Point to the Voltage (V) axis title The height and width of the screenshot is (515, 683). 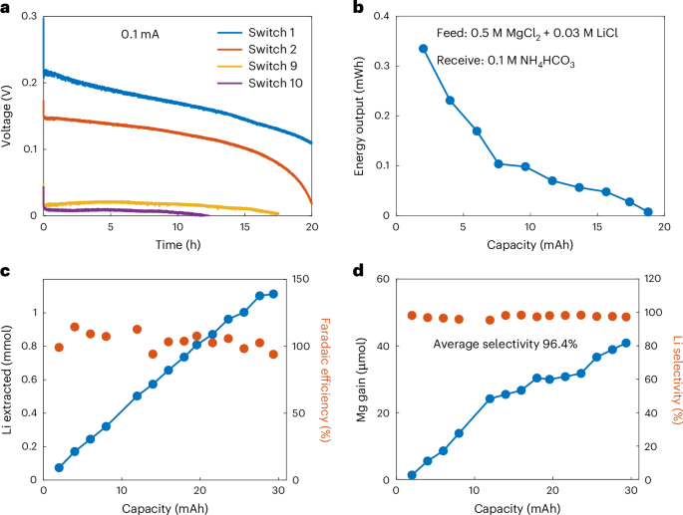[x=8, y=117]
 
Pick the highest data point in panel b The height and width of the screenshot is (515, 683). [x=424, y=48]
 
